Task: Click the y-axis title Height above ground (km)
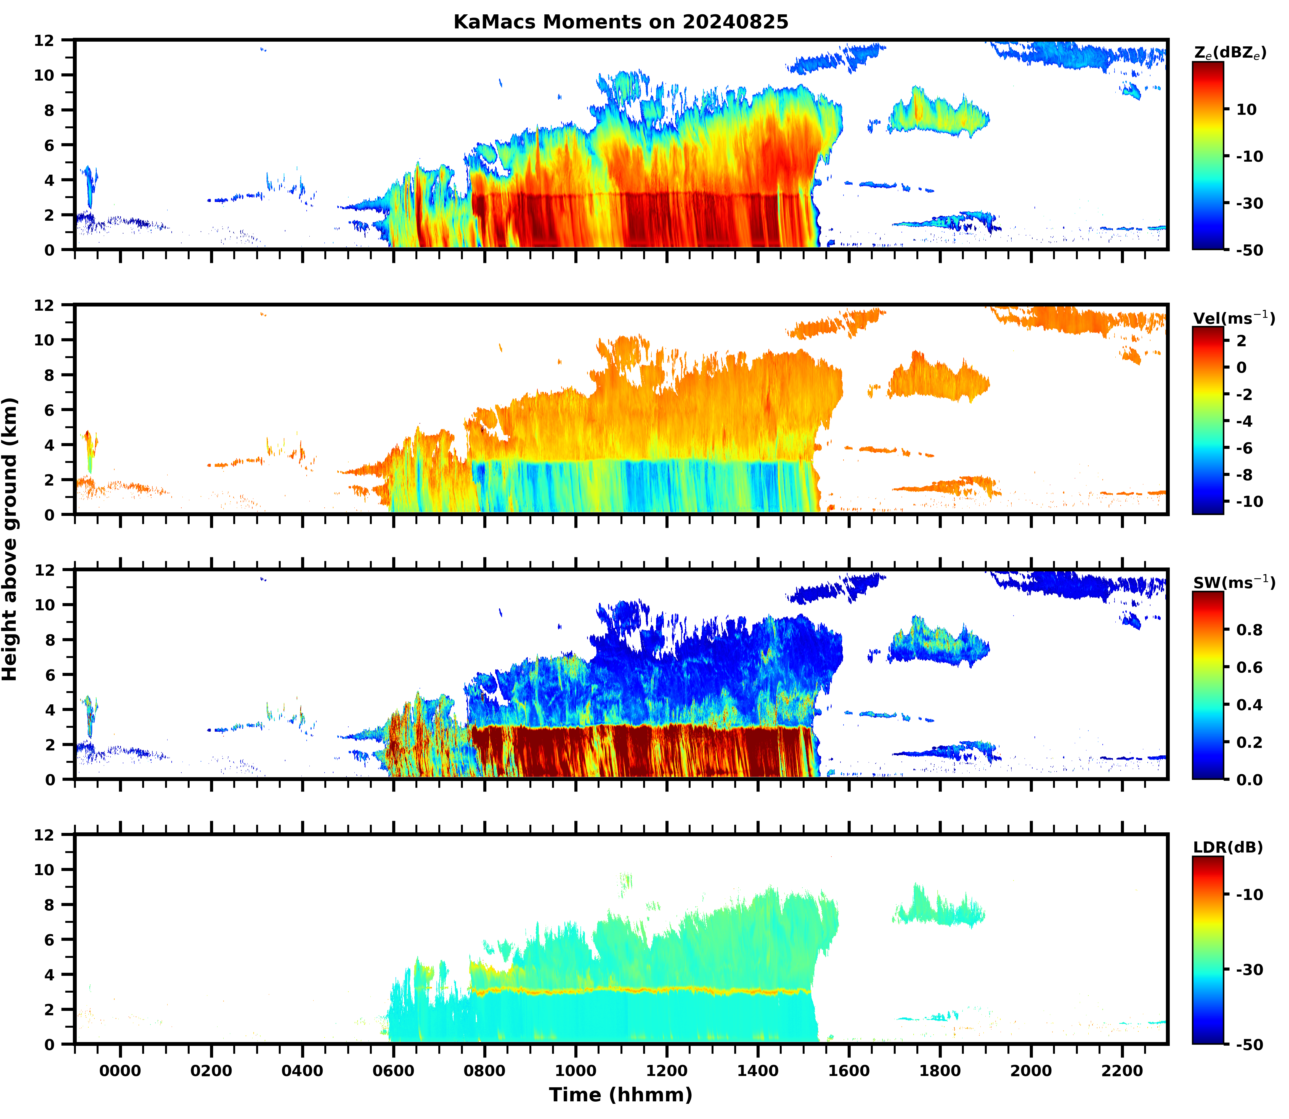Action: pos(10,539)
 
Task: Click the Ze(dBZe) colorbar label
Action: pos(1230,53)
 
